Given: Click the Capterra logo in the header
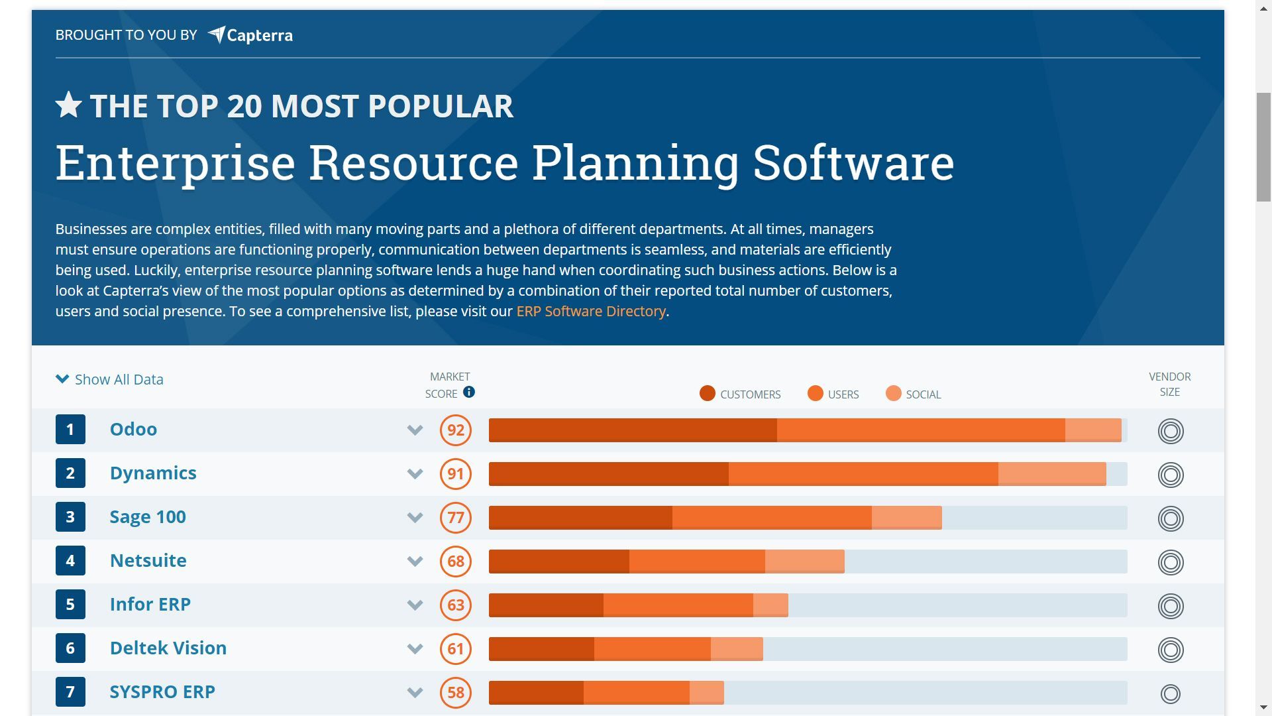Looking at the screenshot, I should [x=250, y=35].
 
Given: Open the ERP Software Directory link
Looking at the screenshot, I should [x=590, y=312].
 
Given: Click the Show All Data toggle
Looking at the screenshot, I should [x=110, y=380].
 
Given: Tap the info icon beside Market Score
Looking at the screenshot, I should [x=469, y=392].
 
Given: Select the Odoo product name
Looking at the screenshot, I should [x=133, y=430].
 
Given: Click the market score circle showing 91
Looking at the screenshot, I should [x=455, y=474].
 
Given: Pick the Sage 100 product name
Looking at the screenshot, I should [x=148, y=517].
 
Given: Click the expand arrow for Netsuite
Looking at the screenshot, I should [x=415, y=562].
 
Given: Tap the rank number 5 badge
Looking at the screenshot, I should [x=70, y=605].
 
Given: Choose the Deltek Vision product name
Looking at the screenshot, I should [x=168, y=648].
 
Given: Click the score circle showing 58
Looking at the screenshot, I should [x=455, y=693].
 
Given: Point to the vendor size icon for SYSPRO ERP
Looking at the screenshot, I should [x=1170, y=694].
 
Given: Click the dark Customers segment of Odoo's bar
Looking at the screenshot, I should [x=632, y=430].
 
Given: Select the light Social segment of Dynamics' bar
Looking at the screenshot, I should [x=1051, y=474].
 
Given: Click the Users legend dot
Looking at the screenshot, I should [x=815, y=394].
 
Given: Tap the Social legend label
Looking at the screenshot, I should [x=923, y=395].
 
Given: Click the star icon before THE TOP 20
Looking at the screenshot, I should [x=68, y=105].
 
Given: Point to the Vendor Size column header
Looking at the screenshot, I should [x=1169, y=385].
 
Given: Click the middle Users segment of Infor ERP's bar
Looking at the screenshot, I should [x=678, y=605].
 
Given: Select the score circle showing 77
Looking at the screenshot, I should [x=455, y=518].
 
